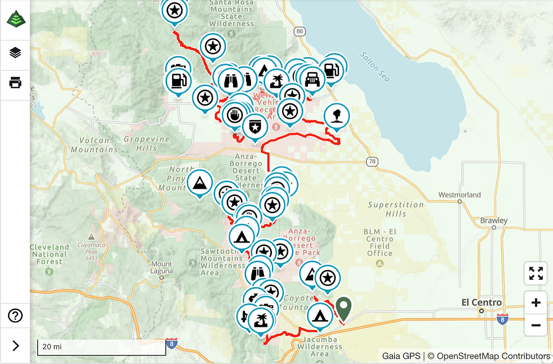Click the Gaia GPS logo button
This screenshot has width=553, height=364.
pyautogui.click(x=15, y=19)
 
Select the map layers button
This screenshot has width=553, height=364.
pyautogui.click(x=15, y=53)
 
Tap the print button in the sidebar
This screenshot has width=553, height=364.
pyautogui.click(x=15, y=83)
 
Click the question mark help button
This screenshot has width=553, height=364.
pyautogui.click(x=15, y=315)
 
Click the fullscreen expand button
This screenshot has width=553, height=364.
pyautogui.click(x=536, y=274)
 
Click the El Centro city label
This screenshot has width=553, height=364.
pyautogui.click(x=481, y=302)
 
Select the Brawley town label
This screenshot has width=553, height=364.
pyautogui.click(x=494, y=220)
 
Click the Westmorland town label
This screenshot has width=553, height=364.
pyautogui.click(x=460, y=195)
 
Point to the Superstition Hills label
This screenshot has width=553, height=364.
pyautogui.click(x=396, y=209)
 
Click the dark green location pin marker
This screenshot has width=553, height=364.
pyautogui.click(x=343, y=308)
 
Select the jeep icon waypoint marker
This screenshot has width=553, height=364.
pyautogui.click(x=312, y=78)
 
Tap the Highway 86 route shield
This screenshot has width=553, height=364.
pyautogui.click(x=299, y=31)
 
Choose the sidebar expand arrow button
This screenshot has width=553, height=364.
pyautogui.click(x=15, y=346)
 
